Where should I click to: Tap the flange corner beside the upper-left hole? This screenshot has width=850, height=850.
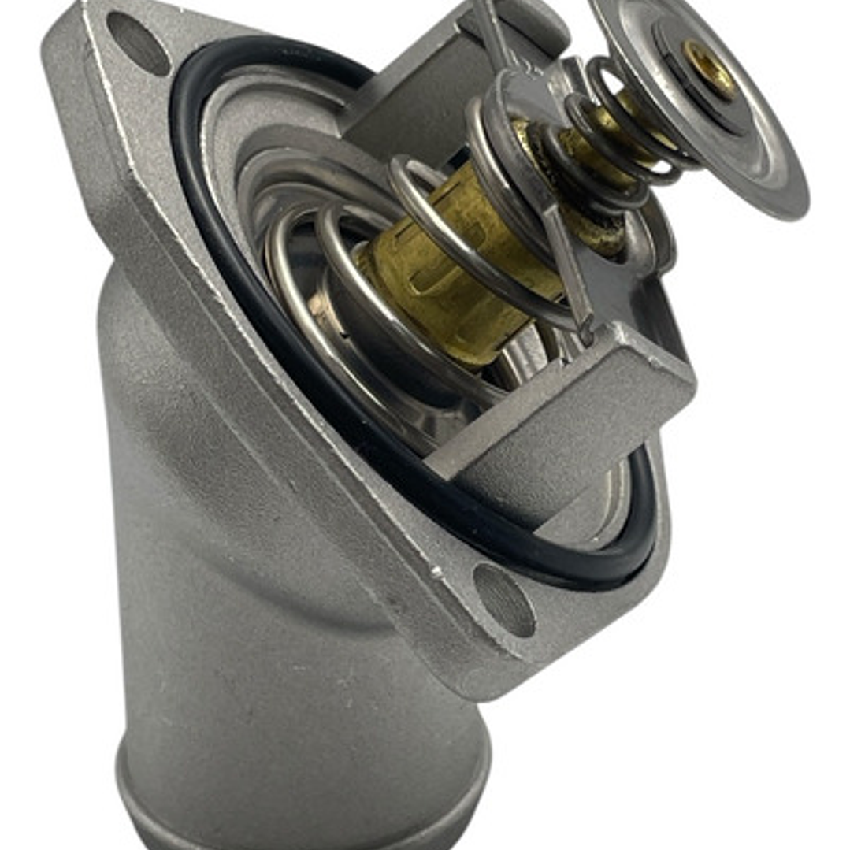[x=71, y=47]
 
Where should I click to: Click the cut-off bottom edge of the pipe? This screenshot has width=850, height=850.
[x=315, y=839]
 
